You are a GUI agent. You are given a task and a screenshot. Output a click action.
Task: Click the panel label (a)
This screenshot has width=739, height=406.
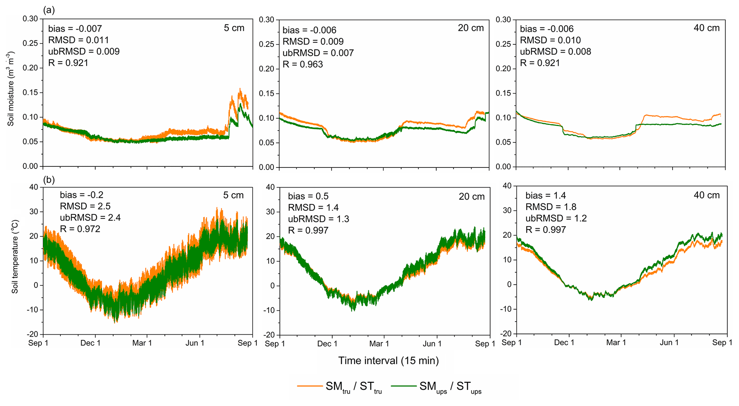click(x=49, y=10)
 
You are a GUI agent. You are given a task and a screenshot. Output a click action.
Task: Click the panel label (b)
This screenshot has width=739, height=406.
click(x=49, y=180)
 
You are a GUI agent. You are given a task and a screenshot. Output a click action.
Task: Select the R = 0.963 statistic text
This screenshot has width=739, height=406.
click(x=303, y=64)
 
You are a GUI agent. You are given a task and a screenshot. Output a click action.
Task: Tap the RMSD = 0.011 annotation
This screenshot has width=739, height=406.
click(x=79, y=40)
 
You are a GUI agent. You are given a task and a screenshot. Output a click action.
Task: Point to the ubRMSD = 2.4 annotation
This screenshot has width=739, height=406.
click(x=90, y=217)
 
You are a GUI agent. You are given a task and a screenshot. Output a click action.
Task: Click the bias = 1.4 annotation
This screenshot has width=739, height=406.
click(x=546, y=195)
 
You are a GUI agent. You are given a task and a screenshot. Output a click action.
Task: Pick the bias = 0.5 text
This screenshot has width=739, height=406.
click(x=308, y=196)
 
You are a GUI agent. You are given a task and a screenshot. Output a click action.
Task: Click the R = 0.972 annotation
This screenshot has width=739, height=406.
click(x=80, y=229)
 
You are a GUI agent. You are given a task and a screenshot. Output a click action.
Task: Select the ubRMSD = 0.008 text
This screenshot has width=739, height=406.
click(x=556, y=52)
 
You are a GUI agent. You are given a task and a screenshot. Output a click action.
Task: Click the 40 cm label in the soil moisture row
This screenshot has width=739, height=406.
click(x=706, y=28)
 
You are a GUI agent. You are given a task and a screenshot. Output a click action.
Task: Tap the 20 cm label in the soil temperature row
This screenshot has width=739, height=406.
click(x=472, y=197)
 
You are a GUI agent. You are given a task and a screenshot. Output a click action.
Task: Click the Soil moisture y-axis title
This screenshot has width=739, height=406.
click(x=11, y=89)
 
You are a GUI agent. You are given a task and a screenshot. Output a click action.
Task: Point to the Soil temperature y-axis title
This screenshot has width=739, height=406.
click(x=15, y=256)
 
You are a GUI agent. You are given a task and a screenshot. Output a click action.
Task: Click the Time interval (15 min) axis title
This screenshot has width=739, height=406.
click(x=388, y=361)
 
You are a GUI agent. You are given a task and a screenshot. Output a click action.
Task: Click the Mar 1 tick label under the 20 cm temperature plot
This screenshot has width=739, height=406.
click(x=379, y=344)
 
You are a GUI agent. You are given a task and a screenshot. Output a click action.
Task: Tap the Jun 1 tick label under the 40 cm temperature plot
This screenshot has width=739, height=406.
click(x=669, y=343)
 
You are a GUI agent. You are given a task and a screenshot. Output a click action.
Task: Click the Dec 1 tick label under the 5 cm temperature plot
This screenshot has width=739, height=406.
click(x=90, y=343)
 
